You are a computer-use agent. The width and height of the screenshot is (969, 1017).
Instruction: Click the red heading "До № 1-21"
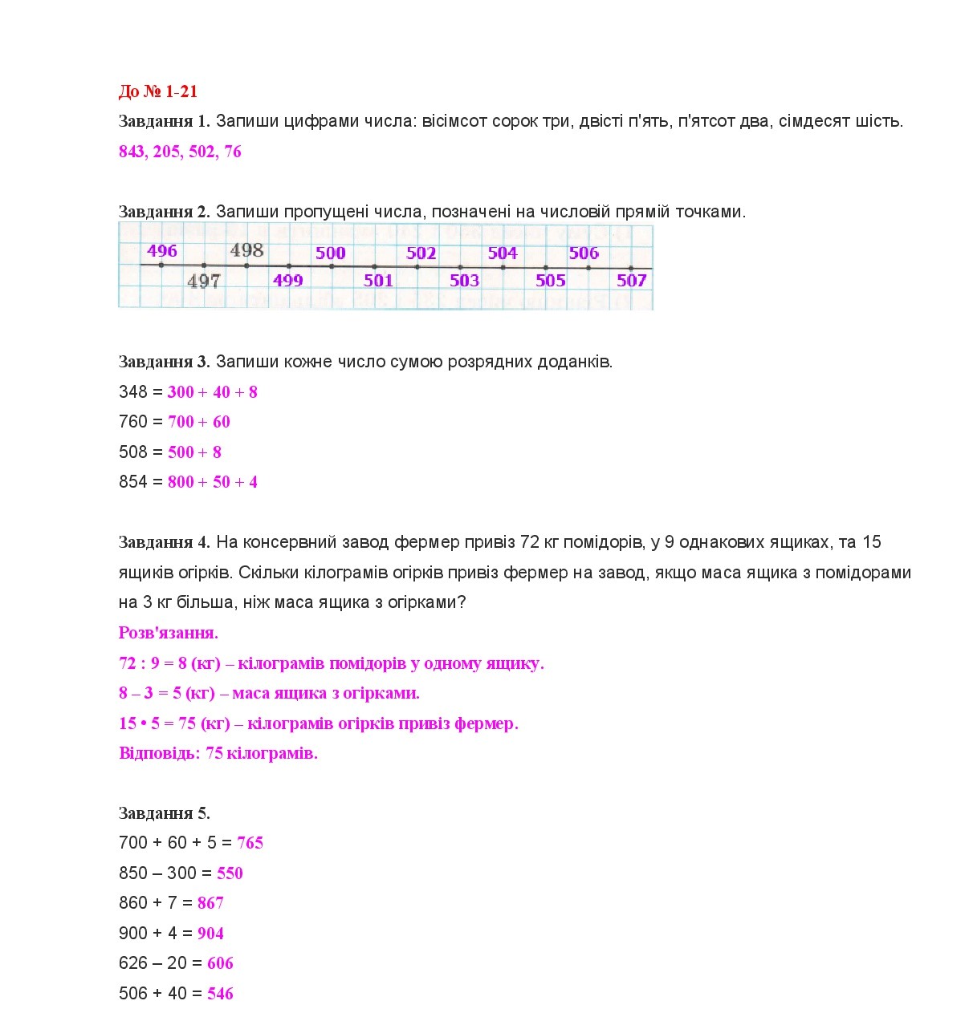(157, 91)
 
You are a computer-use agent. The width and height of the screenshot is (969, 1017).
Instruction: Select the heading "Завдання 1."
(164, 121)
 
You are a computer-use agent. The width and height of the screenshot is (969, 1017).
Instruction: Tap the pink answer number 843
(131, 152)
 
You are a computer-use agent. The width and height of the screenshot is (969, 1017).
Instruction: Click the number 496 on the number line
(162, 250)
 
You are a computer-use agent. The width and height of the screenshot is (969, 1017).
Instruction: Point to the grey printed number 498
(246, 250)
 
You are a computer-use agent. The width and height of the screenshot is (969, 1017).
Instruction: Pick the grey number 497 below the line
(203, 282)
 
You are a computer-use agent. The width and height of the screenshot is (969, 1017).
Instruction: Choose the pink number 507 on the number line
(631, 280)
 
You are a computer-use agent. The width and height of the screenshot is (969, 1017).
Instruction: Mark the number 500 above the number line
(330, 253)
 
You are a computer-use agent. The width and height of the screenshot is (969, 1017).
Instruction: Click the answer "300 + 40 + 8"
(213, 392)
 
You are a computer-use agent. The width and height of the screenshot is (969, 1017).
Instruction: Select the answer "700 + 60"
(199, 422)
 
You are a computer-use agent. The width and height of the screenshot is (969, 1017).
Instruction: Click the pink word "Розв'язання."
(169, 633)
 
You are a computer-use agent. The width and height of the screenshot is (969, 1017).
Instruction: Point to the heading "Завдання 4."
(164, 543)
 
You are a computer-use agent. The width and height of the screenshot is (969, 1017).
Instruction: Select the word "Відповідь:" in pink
(159, 753)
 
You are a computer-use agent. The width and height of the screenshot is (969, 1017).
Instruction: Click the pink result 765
(250, 843)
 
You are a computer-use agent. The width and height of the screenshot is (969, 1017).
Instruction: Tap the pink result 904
(210, 934)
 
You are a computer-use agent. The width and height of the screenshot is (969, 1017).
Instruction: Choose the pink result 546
(220, 994)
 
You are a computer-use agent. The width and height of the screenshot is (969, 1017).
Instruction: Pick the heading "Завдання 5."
(164, 813)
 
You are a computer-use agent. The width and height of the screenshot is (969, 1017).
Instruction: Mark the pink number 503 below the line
(464, 281)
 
